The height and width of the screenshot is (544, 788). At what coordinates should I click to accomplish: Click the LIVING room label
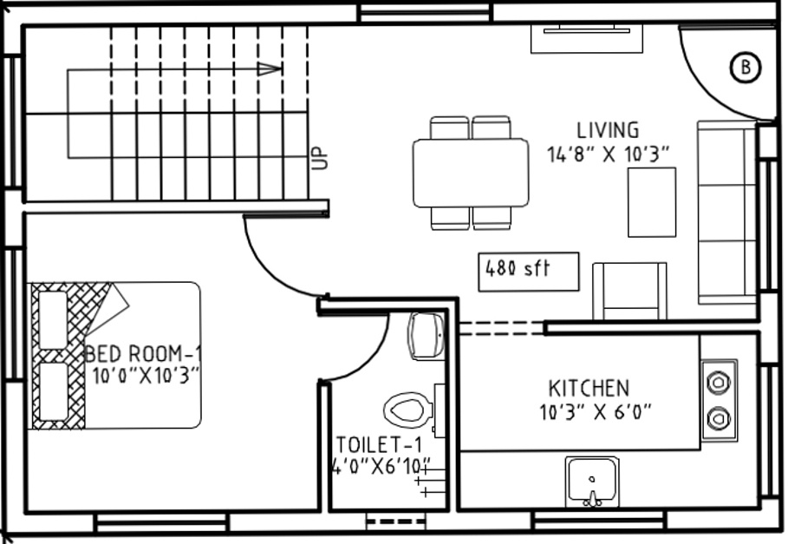pos(608,130)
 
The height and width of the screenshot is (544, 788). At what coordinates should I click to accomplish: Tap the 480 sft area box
pos(529,269)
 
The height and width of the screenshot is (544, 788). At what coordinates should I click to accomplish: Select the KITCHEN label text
pos(589,388)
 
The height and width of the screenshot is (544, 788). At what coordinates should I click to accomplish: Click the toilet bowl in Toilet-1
pos(407,409)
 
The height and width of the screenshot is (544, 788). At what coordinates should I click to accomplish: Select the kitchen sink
pos(592,482)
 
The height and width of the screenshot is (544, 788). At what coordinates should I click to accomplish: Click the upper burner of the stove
pos(719,382)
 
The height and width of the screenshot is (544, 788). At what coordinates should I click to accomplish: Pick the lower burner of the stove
pos(719,419)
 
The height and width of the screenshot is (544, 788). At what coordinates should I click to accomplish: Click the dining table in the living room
pos(471,172)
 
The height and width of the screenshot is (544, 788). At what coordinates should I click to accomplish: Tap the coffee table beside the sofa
pos(652,201)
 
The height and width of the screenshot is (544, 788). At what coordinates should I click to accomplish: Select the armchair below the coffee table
pos(629,292)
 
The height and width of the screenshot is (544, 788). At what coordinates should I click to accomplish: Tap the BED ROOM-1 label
pos(144,355)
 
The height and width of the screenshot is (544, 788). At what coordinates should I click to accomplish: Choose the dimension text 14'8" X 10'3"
pos(609,154)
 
